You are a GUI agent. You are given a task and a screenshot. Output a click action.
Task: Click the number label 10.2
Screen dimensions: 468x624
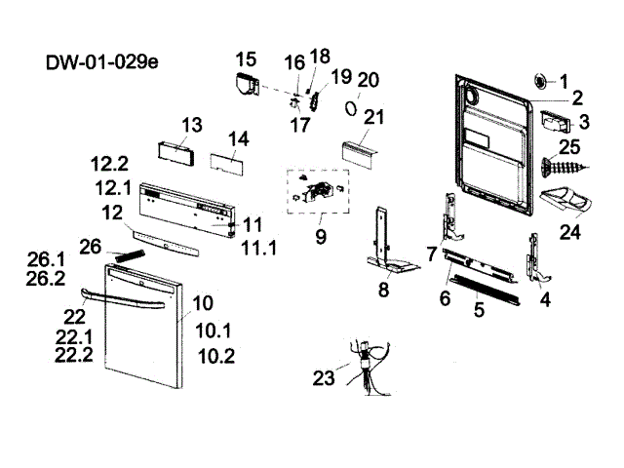click(x=215, y=356)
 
